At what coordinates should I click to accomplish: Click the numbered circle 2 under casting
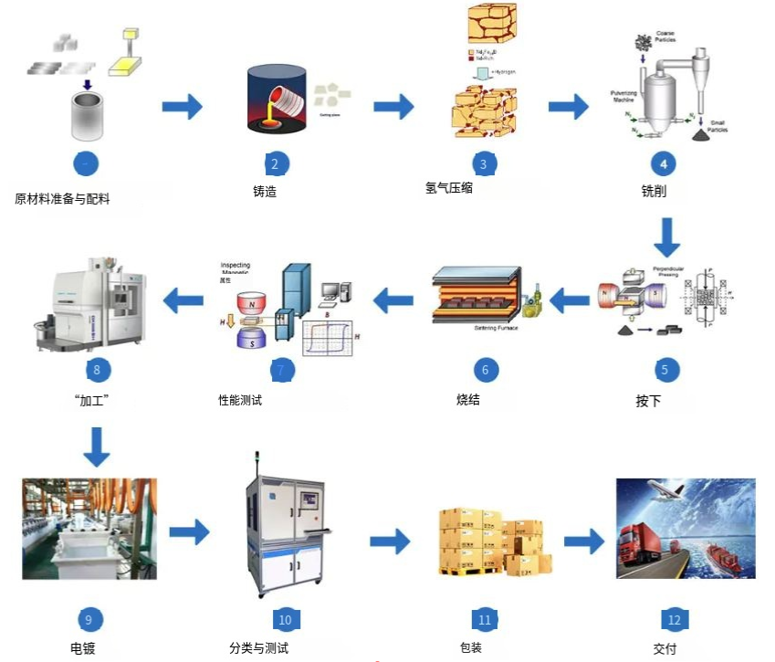coord(274,164)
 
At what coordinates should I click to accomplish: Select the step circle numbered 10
coord(285,620)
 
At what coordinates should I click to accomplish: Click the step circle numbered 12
coord(674,620)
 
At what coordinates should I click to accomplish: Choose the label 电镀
coord(83,649)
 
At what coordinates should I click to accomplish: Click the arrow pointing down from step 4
coord(668,236)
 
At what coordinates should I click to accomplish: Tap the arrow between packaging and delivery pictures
coord(583,541)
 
